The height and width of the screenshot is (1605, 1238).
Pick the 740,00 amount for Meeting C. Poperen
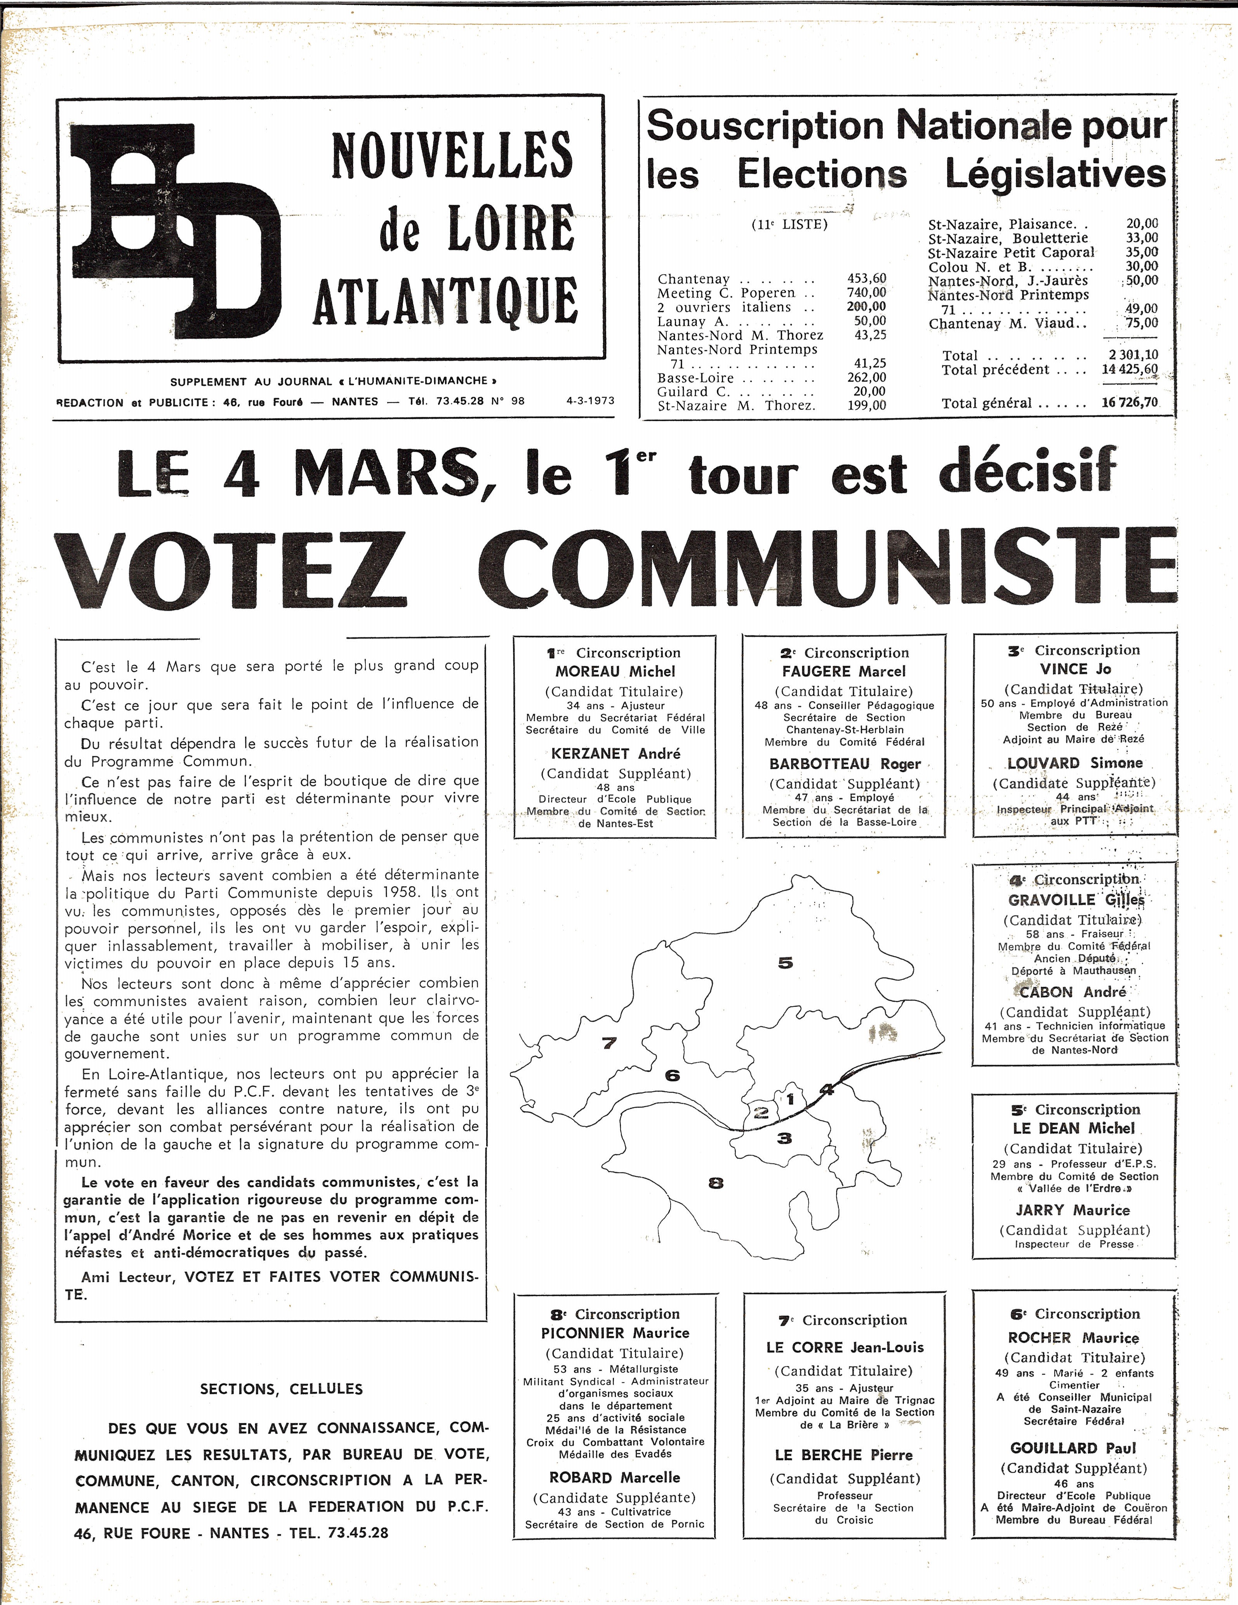pos(867,292)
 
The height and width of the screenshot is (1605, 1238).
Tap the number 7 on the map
pos(609,1042)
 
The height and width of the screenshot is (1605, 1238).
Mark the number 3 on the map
pos(785,1138)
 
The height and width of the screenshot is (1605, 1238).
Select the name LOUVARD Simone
pos(1074,763)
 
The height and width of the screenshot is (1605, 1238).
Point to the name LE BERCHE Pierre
pos(843,1455)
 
